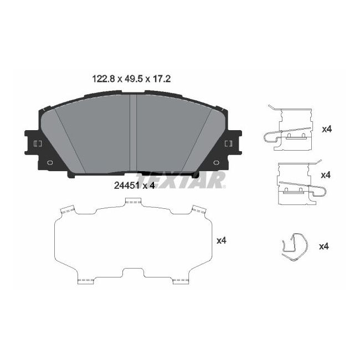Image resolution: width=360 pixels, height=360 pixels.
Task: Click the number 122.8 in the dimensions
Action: (x=103, y=79)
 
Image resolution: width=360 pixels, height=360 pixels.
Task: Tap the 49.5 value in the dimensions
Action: (x=132, y=79)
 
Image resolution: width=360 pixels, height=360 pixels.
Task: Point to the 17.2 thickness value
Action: (x=160, y=79)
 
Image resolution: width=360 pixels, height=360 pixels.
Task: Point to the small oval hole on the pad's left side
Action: (x=50, y=163)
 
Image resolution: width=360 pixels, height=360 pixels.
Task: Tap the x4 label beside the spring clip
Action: (x=324, y=246)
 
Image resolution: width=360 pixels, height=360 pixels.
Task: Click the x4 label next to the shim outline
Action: (x=222, y=240)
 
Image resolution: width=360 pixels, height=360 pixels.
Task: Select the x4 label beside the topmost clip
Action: (x=326, y=129)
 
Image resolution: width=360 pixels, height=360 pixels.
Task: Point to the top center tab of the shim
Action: (x=133, y=202)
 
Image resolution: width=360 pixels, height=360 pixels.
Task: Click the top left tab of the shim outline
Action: (x=67, y=209)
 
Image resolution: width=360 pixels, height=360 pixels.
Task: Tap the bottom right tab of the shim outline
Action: (x=181, y=281)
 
